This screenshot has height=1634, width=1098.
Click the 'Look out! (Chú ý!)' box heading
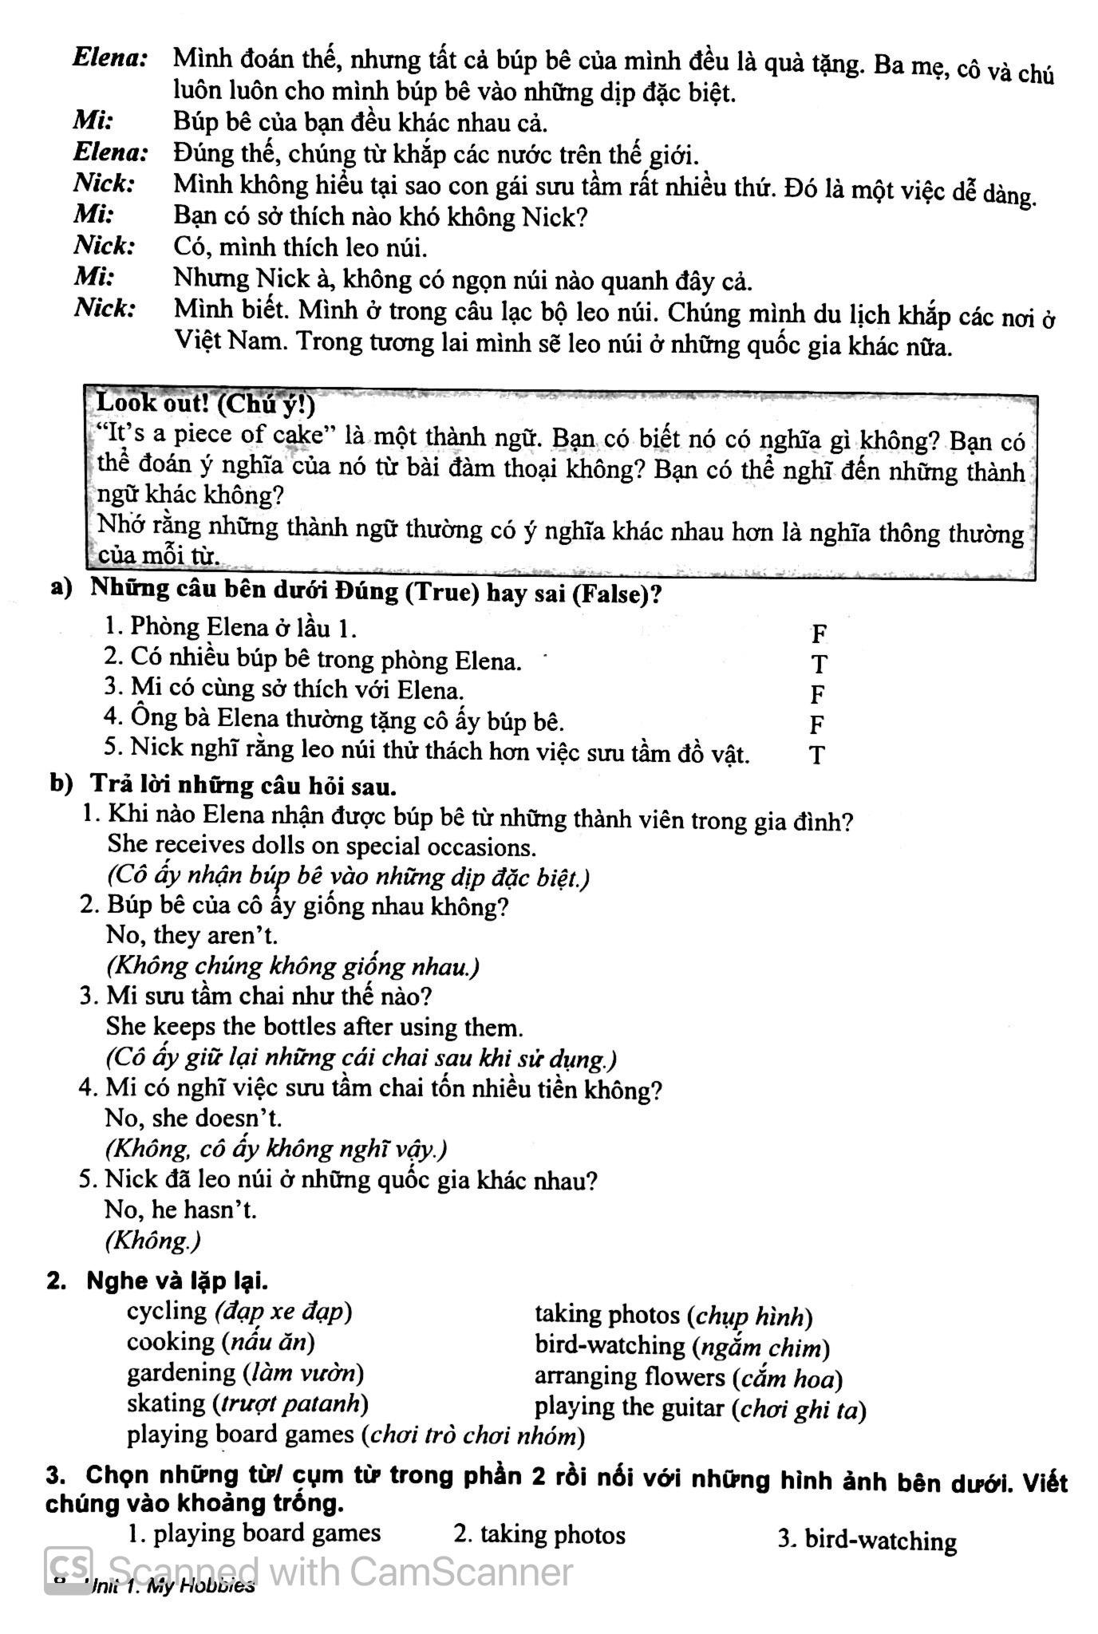click(x=205, y=405)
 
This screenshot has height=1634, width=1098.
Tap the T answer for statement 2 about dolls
click(x=819, y=664)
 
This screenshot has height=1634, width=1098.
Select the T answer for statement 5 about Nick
click(x=816, y=755)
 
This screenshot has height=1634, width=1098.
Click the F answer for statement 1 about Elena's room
click(x=819, y=634)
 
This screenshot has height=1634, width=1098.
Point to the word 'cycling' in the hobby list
click(x=167, y=1311)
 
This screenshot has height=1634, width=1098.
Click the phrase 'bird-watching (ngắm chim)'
click(x=682, y=1347)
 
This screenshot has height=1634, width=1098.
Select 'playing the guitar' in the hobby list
click(x=630, y=1407)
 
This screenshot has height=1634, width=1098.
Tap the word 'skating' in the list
click(x=166, y=1403)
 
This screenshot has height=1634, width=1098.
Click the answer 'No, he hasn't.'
click(x=180, y=1210)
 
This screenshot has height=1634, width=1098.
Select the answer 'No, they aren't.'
click(x=192, y=935)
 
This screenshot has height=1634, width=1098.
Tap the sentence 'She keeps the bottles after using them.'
click(x=314, y=1026)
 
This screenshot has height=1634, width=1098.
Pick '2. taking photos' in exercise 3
click(x=539, y=1534)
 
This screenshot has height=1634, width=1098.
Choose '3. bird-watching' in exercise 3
click(x=867, y=1540)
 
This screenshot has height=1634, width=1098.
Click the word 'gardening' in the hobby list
click(x=180, y=1372)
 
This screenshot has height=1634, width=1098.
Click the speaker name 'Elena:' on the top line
click(x=110, y=57)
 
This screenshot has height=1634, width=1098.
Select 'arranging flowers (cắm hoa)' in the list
click(x=689, y=1378)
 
